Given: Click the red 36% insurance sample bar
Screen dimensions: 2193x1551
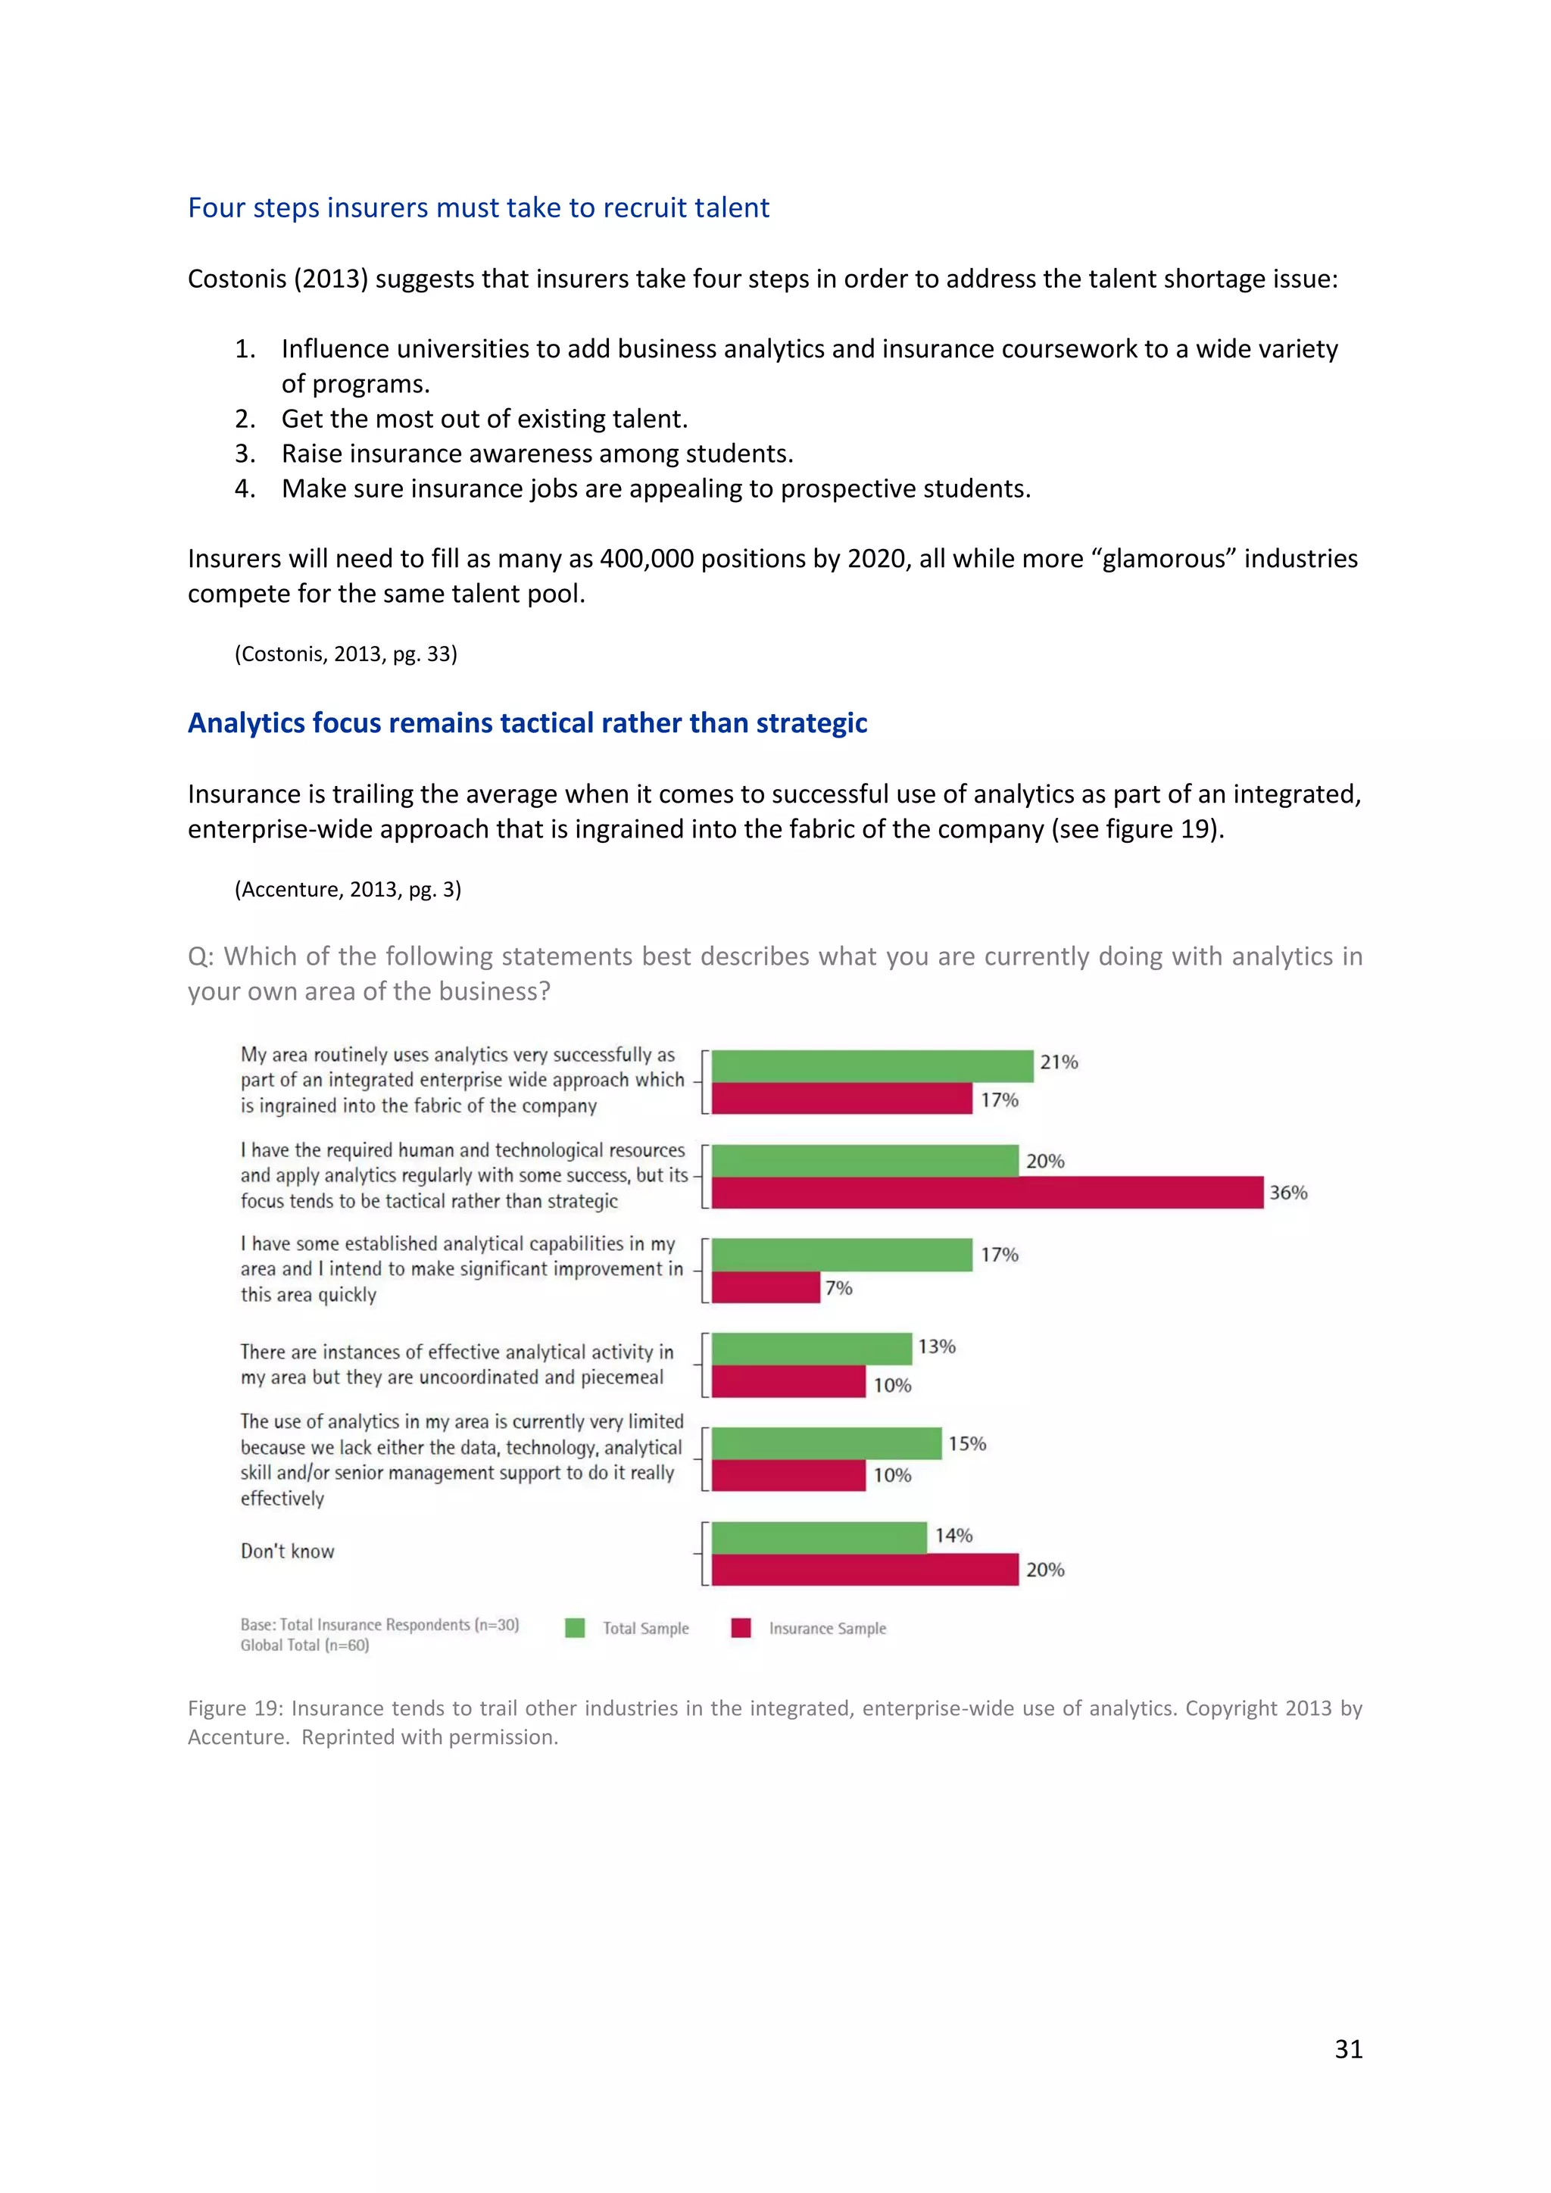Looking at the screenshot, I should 987,1192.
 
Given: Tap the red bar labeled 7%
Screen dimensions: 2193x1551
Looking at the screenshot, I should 765,1287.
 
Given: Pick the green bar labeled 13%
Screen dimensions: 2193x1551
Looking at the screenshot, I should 811,1349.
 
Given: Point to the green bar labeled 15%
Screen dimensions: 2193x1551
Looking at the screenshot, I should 826,1443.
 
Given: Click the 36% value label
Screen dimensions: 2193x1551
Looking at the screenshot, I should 1287,1192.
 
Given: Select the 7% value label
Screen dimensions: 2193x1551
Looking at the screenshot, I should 838,1287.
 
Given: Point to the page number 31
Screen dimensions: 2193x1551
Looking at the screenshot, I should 1347,2049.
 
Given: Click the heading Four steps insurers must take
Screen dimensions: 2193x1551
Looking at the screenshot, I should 478,207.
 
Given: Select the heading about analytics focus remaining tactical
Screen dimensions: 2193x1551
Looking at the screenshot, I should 526,723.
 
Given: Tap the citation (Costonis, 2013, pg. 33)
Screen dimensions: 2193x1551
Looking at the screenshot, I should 346,654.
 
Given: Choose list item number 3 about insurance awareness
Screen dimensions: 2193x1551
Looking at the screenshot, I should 537,454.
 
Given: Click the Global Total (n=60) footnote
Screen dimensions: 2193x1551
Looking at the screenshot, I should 304,1645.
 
